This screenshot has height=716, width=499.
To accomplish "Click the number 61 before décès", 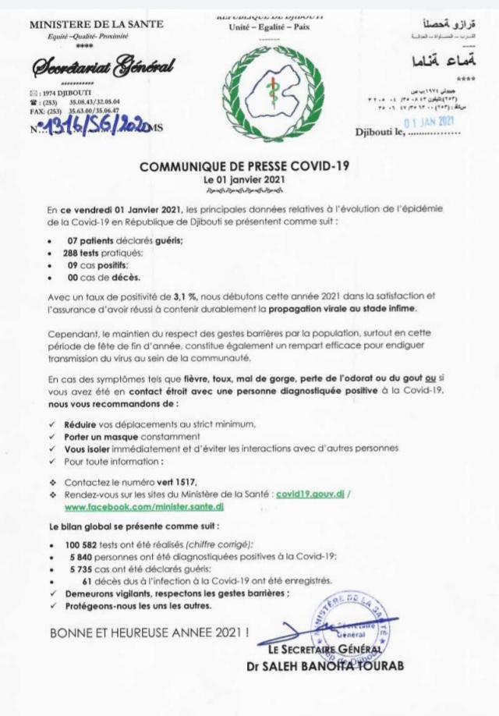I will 87,580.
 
